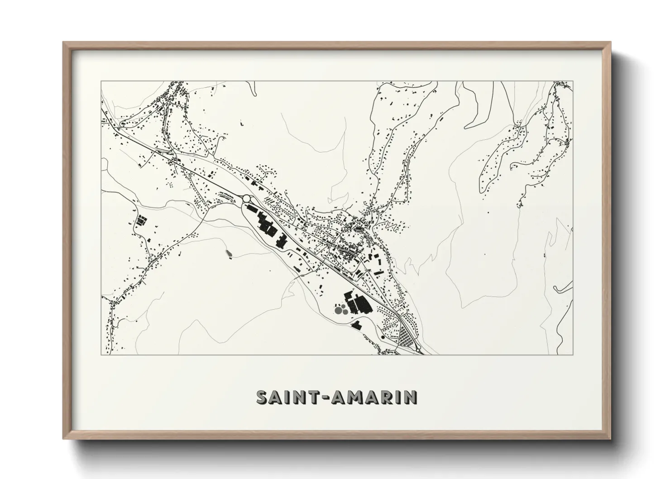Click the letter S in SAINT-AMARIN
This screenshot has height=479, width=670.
(263, 397)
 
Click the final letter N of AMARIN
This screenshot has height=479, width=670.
(410, 397)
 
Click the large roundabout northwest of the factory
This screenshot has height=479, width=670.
(247, 198)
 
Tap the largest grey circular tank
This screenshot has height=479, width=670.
(338, 310)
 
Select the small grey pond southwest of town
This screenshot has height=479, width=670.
(228, 252)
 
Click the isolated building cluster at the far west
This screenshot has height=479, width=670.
(141, 221)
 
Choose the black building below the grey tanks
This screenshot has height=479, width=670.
(357, 324)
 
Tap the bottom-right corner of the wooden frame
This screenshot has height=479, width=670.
(611, 438)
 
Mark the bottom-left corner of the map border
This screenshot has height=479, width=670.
(101, 354)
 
